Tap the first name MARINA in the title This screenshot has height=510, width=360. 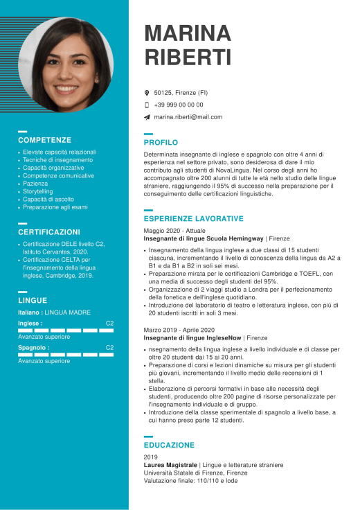pyautogui.click(x=188, y=33)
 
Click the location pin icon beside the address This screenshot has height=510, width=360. pyautogui.click(x=147, y=92)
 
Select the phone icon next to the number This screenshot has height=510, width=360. pyautogui.click(x=147, y=105)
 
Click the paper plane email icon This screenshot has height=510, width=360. pyautogui.click(x=147, y=117)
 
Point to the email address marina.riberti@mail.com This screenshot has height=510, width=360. pyautogui.click(x=188, y=117)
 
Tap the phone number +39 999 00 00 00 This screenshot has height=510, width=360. pyautogui.click(x=179, y=105)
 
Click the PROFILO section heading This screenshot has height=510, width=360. pyautogui.click(x=161, y=142)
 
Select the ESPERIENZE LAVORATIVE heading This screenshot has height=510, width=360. pyautogui.click(x=193, y=218)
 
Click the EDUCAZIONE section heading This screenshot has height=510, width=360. pyautogui.click(x=169, y=445)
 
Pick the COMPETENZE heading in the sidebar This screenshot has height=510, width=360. pyautogui.click(x=44, y=139)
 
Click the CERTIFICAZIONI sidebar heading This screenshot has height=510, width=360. pyautogui.click(x=49, y=232)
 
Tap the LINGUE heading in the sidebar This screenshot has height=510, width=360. pyautogui.click(x=33, y=300)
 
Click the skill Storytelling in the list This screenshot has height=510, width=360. pyautogui.click(x=38, y=191)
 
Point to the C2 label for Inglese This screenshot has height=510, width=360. pyautogui.click(x=109, y=324)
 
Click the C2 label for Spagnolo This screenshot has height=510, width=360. pyautogui.click(x=109, y=348)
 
